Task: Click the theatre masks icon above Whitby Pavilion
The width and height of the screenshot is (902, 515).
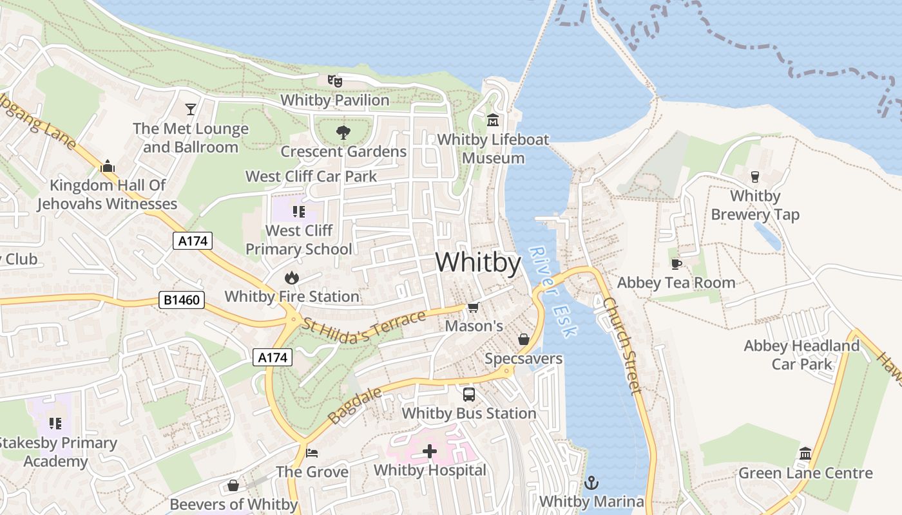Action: coord(334,80)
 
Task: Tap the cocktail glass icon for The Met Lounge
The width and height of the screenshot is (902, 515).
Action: coord(191,109)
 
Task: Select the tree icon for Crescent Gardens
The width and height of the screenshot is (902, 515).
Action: coord(343,133)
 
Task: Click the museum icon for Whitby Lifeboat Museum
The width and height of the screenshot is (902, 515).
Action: coord(493,120)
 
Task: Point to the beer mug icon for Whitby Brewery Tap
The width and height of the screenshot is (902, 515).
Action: coord(755,176)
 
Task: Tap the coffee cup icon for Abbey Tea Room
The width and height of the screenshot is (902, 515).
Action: coord(676,264)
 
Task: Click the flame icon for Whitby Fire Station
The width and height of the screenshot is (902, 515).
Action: coord(292,277)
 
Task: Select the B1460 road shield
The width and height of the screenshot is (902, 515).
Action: coord(181,300)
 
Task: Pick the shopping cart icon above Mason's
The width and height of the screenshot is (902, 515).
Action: coord(474,308)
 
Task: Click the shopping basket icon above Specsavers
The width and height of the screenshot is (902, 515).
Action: coord(524,339)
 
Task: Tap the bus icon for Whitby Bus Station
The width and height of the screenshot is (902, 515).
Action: coord(469,394)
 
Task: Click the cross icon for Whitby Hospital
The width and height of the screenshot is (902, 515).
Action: coord(430,451)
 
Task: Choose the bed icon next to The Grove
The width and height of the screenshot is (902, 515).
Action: coord(312,453)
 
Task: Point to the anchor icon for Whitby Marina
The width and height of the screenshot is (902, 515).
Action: coord(591,482)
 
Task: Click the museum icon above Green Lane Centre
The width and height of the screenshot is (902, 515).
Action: coord(805,454)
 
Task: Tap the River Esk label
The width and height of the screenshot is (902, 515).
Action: coord(552,291)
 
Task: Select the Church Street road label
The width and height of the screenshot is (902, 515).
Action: coord(623,345)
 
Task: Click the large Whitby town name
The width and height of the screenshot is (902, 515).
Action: coord(478,263)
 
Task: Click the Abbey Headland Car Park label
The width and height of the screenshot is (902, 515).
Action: coord(801,355)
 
